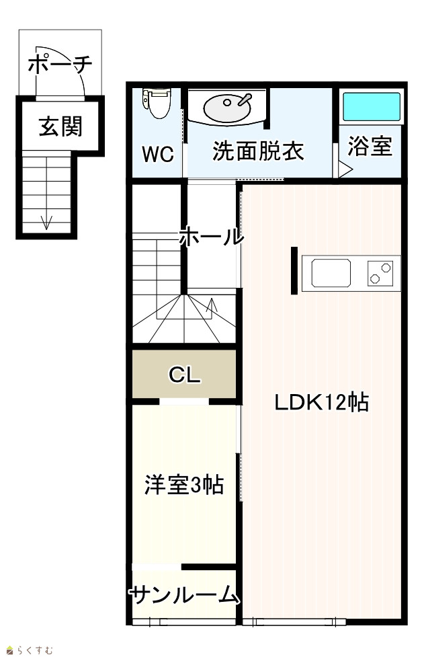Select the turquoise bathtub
[372, 106]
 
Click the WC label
[158, 154]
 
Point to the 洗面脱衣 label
[258, 151]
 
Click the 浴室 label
[370, 146]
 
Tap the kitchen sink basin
[331, 273]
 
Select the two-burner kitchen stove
[380, 273]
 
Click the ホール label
[211, 237]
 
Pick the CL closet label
[185, 375]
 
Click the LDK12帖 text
[321, 402]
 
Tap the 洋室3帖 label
[183, 485]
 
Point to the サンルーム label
[183, 594]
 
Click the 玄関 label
[60, 126]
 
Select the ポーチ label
[60, 64]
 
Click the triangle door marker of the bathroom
[345, 169]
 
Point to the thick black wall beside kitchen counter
[294, 270]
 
